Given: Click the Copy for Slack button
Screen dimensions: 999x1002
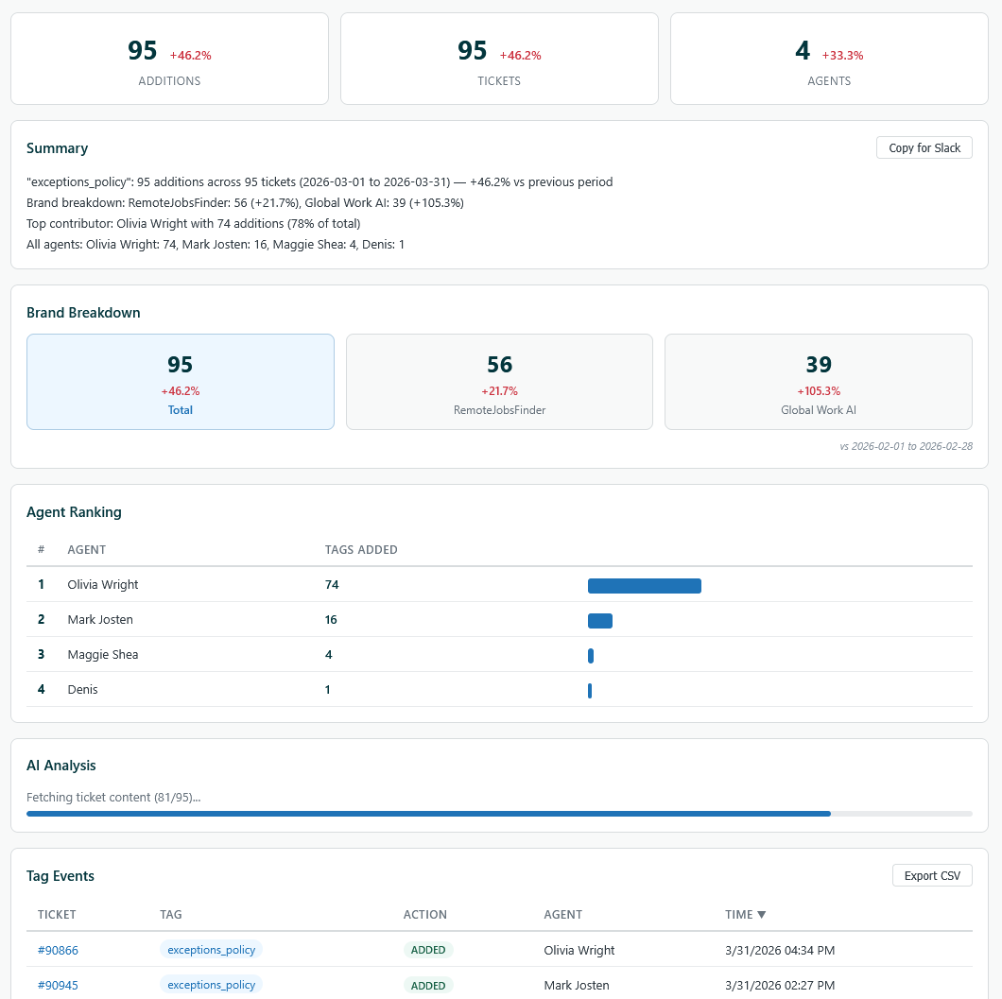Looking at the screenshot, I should [924, 147].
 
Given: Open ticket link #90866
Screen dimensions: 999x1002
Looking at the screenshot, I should [58, 950].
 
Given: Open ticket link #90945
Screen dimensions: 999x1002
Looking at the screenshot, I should [58, 985].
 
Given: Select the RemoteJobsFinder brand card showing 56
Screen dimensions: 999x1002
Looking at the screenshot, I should [499, 382].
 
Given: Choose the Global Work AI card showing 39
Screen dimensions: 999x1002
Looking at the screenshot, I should [818, 382].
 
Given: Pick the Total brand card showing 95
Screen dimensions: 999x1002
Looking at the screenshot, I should [181, 382].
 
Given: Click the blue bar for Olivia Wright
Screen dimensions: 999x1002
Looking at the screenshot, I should [644, 586].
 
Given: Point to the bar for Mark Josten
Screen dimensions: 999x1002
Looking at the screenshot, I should [599, 621].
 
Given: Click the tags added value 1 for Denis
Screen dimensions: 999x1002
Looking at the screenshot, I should [328, 690].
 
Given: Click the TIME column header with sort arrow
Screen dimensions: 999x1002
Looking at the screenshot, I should [745, 915].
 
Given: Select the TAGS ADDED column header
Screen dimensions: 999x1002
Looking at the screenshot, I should [361, 550].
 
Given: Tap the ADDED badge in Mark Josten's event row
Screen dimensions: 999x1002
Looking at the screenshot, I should [428, 985].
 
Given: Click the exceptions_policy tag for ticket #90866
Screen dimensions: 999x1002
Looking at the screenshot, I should [211, 950].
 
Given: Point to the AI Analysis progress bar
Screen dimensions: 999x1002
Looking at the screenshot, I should [499, 813].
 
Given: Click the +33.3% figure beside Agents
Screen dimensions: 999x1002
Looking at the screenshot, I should [842, 56].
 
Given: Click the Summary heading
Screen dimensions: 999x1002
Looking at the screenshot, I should [57, 148].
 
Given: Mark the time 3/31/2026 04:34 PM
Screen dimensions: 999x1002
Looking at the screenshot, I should [780, 950].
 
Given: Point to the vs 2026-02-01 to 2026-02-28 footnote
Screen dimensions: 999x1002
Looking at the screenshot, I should [906, 446].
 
